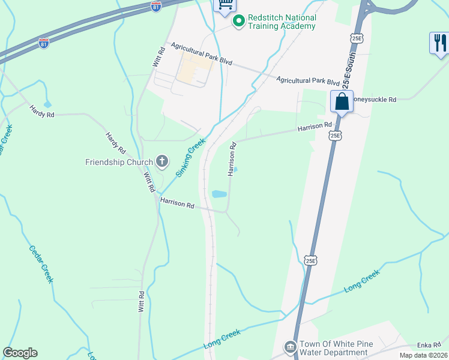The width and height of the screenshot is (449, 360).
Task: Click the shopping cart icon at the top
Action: (x=225, y=4)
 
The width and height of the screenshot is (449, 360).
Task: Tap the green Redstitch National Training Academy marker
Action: (x=238, y=22)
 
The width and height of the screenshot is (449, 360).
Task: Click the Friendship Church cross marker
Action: (x=161, y=161)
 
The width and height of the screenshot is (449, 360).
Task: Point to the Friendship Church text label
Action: (x=119, y=161)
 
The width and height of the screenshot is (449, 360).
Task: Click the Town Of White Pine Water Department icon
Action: (x=290, y=347)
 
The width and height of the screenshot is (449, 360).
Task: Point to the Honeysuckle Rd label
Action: (x=374, y=99)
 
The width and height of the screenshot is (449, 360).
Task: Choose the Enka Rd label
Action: (x=429, y=346)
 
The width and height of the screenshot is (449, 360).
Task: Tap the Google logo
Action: (x=20, y=353)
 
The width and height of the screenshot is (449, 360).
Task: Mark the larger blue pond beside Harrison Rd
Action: (x=219, y=194)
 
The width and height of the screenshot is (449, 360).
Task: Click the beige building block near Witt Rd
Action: (x=194, y=70)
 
